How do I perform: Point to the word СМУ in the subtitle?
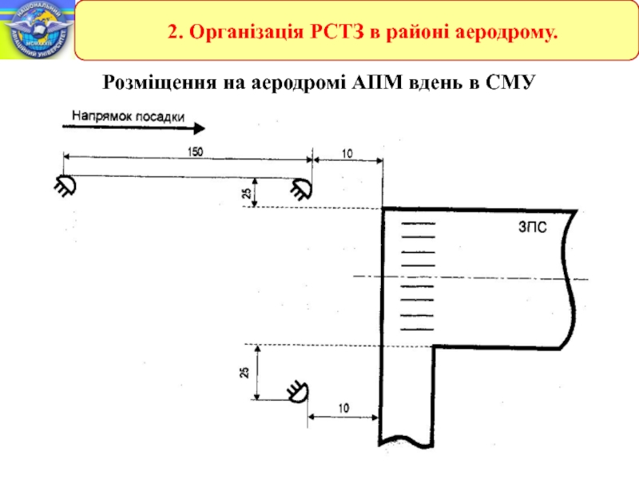509,82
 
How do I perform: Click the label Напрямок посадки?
129,115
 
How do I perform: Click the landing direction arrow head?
200,128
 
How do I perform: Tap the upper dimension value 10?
347,152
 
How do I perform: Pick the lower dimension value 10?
342,408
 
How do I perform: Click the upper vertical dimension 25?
247,193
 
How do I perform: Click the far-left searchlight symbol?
64,186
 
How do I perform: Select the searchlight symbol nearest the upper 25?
300,190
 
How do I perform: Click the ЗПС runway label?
529,228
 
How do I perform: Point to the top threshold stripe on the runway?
417,224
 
